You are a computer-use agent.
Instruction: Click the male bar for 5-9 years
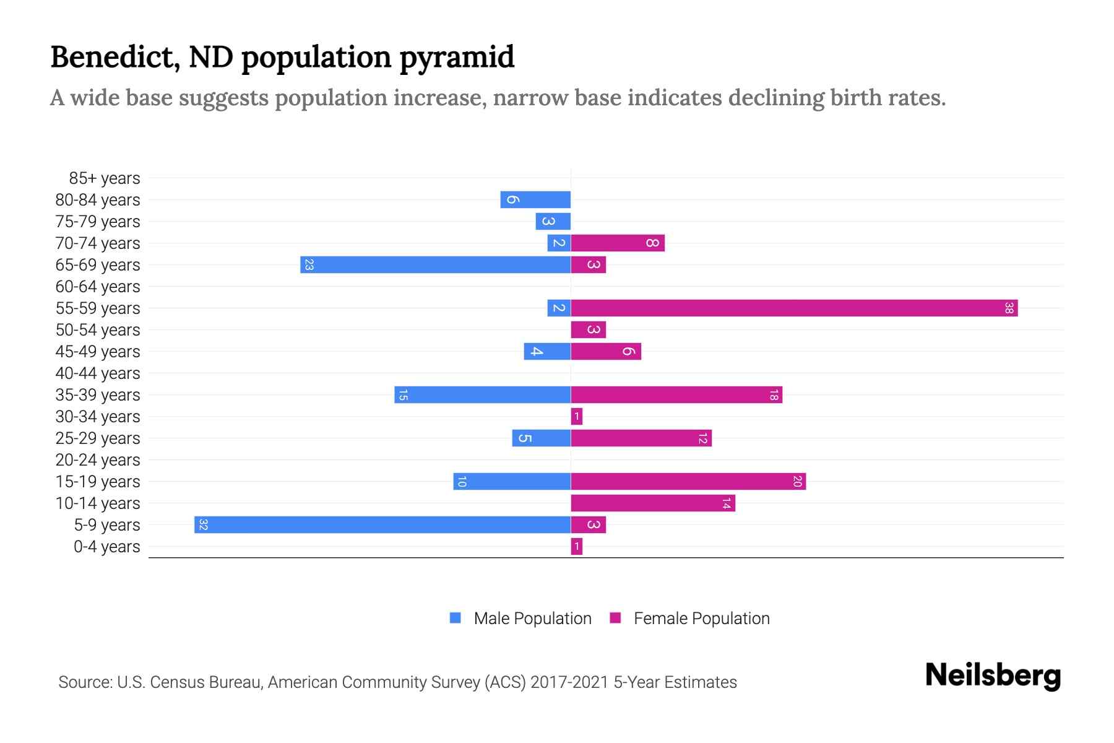(382, 524)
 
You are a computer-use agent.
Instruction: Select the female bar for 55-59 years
(794, 308)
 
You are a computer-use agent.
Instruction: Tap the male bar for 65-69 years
(435, 264)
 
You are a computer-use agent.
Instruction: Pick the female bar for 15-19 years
(688, 481)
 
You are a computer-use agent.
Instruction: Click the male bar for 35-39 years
(482, 394)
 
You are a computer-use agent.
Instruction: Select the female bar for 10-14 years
(652, 503)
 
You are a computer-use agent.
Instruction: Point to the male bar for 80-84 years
(535, 199)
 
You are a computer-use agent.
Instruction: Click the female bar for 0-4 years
(576, 546)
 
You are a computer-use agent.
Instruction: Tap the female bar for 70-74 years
(617, 243)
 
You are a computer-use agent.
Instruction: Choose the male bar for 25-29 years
(541, 438)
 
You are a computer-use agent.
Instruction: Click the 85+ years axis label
(105, 178)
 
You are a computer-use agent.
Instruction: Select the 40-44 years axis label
(98, 373)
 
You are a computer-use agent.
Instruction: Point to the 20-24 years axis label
(98, 460)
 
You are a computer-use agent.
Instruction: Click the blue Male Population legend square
(456, 618)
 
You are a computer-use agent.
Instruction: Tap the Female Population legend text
(701, 619)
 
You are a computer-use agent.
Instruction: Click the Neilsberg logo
(993, 676)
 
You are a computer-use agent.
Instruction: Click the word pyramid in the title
(457, 57)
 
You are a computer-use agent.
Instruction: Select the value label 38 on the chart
(1009, 308)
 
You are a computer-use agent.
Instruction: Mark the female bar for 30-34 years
(576, 416)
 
